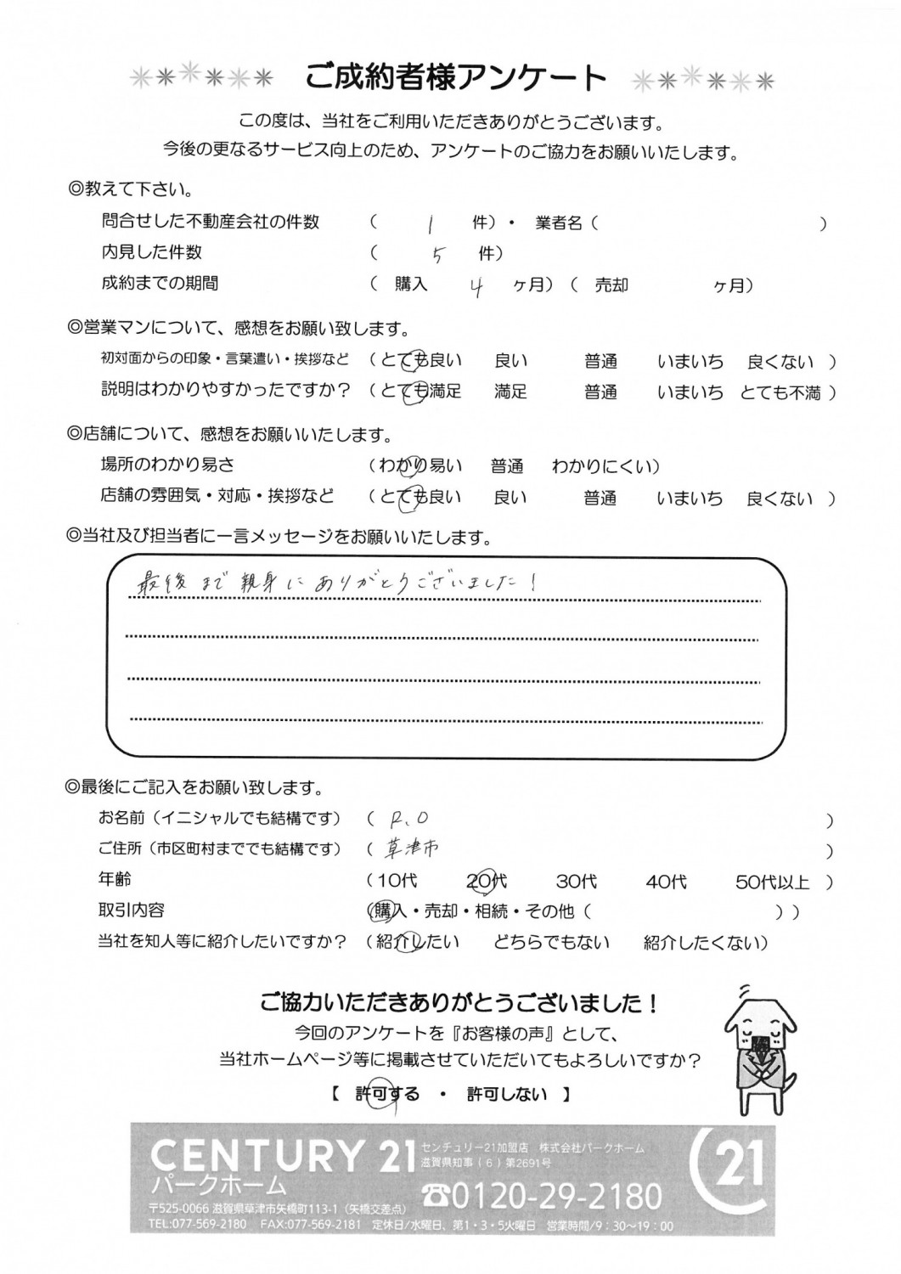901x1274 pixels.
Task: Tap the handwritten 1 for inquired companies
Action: pos(431,223)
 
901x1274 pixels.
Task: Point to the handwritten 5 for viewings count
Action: pos(436,255)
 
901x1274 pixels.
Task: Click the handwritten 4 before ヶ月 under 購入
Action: pos(477,286)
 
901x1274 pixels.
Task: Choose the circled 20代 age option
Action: pos(487,882)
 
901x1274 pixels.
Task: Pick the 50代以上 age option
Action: pos(772,882)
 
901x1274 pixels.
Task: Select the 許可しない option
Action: pos(507,1094)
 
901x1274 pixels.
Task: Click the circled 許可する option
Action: pos(387,1094)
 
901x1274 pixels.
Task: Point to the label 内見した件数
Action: pos(152,252)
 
